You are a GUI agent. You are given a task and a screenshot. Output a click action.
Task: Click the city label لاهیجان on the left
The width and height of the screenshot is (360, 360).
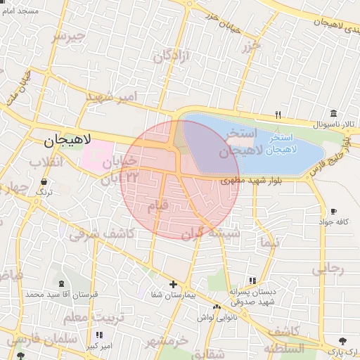click(67, 140)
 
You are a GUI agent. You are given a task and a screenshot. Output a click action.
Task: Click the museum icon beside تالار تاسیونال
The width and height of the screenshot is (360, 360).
click(333, 113)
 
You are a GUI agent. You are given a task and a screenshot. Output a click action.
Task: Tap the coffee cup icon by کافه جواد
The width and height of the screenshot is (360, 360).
click(333, 211)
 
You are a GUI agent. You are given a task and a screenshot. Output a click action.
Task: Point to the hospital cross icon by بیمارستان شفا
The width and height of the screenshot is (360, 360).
click(173, 284)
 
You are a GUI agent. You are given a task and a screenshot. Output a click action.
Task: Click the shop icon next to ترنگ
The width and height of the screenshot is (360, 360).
click(44, 181)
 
